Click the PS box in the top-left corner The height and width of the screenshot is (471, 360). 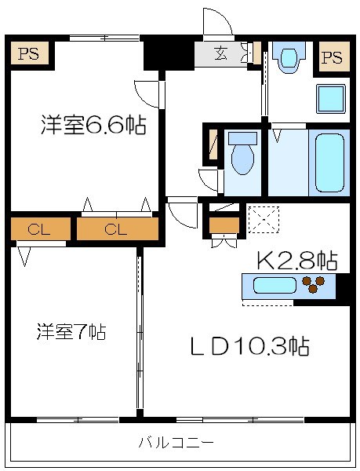29,55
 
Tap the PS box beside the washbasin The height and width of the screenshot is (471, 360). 332,57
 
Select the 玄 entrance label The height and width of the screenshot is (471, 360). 221,54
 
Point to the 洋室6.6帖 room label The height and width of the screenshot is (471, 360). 93,126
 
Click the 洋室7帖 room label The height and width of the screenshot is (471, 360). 71,331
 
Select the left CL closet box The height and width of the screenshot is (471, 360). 35,229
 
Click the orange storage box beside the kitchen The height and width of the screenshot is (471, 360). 223,227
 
